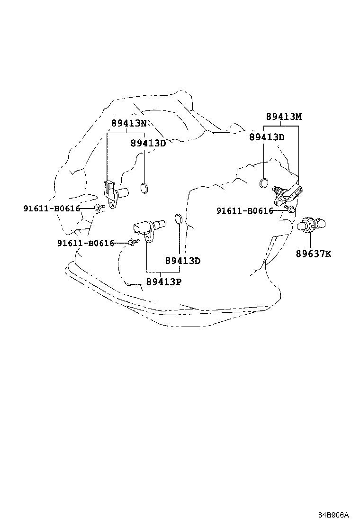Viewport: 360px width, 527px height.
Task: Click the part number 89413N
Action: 128,124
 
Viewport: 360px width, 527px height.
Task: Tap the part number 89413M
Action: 283,117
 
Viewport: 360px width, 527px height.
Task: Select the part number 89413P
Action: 163,282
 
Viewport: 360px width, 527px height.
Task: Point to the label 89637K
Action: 314,254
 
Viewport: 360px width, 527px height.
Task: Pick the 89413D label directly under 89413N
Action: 148,143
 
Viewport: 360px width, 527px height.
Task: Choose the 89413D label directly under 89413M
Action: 267,137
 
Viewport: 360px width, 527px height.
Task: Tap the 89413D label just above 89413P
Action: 183,261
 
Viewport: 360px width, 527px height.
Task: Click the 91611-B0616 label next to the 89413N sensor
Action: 52,209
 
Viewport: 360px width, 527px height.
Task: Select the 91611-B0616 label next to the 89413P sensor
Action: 86,243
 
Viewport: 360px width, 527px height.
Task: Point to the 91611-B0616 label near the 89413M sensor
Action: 245,211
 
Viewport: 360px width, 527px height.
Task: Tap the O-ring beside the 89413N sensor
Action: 144,188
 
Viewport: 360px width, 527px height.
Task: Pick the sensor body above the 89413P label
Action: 149,228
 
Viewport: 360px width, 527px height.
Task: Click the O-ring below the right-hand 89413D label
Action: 265,182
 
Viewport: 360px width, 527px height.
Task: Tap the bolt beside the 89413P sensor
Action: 131,243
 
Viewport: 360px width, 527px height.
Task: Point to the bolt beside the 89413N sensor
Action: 99,208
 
